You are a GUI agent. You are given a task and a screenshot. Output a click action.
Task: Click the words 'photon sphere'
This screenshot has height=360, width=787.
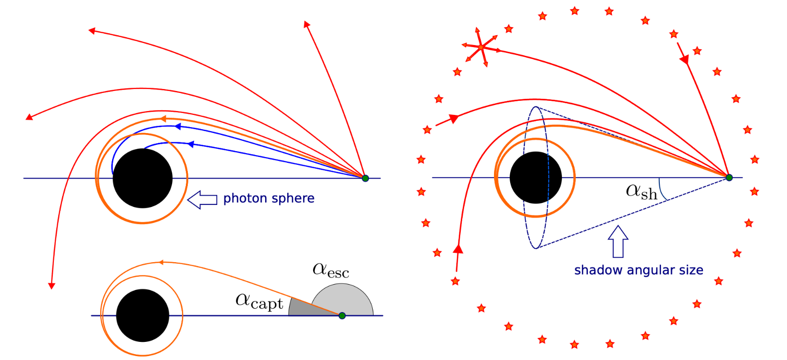click(x=269, y=199)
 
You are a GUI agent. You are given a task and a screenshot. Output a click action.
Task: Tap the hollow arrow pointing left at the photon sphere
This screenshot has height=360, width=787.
click(x=202, y=200)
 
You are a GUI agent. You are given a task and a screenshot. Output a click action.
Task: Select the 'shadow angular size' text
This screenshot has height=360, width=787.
click(x=639, y=270)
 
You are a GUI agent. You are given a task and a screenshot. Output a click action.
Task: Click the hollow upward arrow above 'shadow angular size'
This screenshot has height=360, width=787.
click(x=618, y=242)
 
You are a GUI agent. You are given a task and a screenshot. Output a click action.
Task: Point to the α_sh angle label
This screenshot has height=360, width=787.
click(x=641, y=192)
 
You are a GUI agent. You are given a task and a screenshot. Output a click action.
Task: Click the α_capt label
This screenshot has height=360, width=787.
click(x=259, y=301)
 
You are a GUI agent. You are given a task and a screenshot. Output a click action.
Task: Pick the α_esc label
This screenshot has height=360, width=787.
click(x=331, y=270)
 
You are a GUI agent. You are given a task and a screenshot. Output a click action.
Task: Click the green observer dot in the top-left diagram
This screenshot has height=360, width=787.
click(x=365, y=178)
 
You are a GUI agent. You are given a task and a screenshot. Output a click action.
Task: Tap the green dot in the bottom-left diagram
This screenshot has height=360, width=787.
click(x=342, y=315)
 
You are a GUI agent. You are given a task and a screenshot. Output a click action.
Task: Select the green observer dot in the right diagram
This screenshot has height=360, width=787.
click(x=729, y=178)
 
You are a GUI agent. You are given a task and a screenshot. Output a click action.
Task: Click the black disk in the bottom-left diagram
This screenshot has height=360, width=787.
click(x=143, y=315)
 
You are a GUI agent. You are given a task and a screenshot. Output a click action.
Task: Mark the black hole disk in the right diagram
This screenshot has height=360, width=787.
click(x=536, y=178)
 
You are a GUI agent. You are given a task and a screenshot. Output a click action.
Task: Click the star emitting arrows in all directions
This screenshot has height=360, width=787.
click(x=481, y=47)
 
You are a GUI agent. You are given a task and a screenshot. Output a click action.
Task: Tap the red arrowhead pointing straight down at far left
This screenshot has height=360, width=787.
click(x=52, y=286)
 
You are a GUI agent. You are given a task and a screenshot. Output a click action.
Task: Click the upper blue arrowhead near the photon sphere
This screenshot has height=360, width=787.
click(x=178, y=126)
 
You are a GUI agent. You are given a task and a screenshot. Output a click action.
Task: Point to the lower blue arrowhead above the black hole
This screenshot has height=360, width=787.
click(x=191, y=144)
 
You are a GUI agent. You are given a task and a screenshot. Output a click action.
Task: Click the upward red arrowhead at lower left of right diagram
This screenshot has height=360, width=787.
click(x=458, y=248)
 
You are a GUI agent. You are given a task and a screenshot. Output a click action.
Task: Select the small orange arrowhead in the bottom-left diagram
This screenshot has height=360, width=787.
click(x=161, y=262)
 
